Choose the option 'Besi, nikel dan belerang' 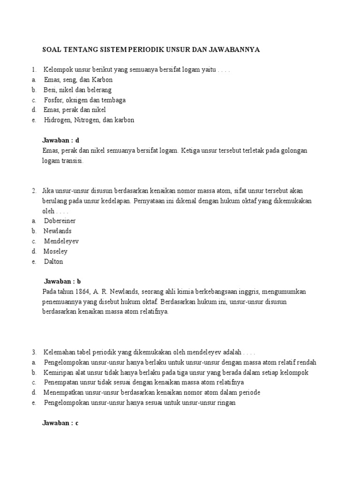click(x=77, y=90)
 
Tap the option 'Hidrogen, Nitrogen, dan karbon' click(x=89, y=120)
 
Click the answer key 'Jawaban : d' click(x=61, y=140)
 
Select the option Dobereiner click(x=60, y=221)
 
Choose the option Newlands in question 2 click(x=58, y=231)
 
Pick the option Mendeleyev click(x=61, y=241)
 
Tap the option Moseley click(x=56, y=251)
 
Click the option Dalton click(x=53, y=262)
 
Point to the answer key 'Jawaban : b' click(x=63, y=282)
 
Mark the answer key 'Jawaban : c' click(x=60, y=423)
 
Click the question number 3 click(x=34, y=352)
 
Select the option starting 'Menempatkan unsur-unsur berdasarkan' click(x=151, y=392)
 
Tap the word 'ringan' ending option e click(x=226, y=403)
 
